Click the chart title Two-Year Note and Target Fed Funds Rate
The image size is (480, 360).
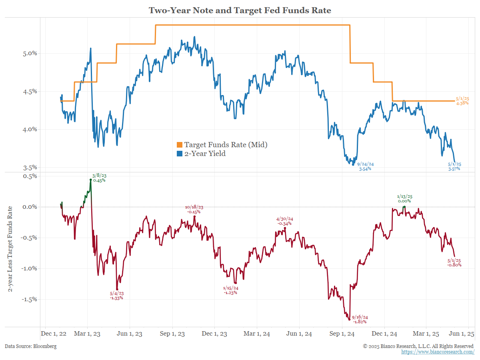click(240, 10)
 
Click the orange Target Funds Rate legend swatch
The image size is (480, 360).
click(180, 145)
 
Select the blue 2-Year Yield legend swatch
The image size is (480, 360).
click(180, 154)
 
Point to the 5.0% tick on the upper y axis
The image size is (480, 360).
click(29, 53)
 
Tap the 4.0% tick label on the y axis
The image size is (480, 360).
click(29, 129)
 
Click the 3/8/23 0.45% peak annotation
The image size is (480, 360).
click(98, 178)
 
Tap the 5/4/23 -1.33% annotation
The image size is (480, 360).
click(116, 295)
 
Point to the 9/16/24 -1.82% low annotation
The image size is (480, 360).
click(360, 319)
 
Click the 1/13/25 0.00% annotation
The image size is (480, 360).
click(404, 198)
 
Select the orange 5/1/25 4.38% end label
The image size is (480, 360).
click(463, 101)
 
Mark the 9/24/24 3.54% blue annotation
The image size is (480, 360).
click(365, 166)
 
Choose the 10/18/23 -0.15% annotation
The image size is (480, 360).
click(194, 209)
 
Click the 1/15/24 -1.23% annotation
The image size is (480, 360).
click(231, 290)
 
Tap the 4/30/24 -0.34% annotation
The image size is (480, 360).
click(284, 221)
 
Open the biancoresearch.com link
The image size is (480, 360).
click(438, 352)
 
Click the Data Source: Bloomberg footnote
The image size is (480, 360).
click(31, 346)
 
